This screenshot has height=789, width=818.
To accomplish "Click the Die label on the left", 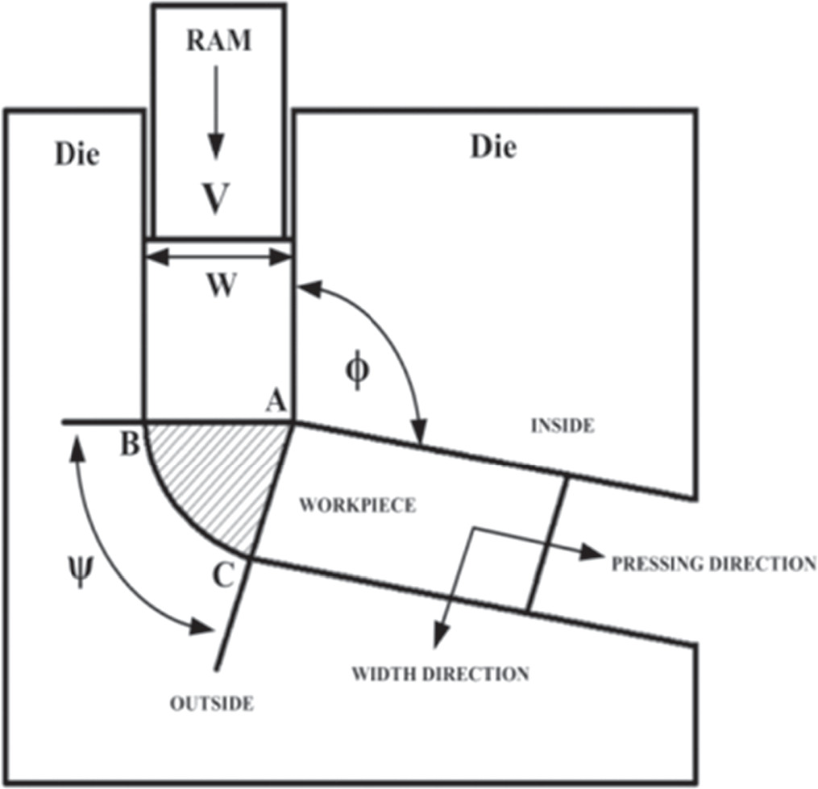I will point(77,154).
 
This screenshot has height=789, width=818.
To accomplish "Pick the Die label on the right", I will point(493,147).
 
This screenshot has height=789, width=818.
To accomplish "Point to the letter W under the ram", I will point(220,286).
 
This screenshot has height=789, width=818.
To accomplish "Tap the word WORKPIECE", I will point(357,506).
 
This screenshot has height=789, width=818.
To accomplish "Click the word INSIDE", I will point(562,426).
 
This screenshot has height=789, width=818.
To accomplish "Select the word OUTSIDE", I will point(212,704).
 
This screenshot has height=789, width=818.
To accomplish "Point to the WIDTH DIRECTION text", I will point(440,672).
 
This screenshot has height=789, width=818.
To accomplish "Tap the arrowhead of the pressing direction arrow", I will point(595,552).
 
